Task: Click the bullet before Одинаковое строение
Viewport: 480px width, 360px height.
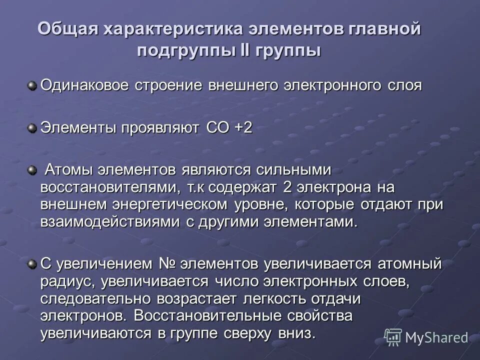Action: [32, 86]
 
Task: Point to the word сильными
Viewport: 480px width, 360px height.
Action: [294, 170]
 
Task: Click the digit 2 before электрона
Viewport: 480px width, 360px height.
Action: [287, 187]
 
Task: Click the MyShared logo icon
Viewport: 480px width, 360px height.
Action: [393, 337]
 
